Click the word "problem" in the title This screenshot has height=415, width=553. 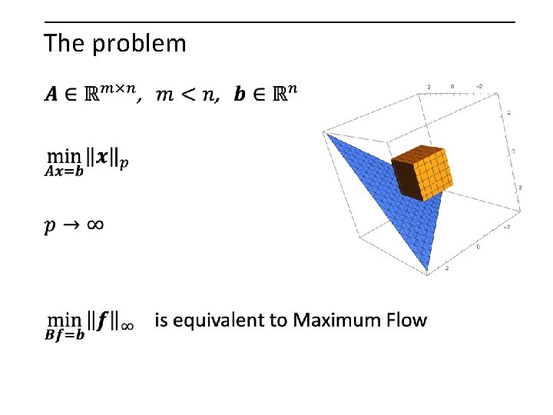[x=139, y=45]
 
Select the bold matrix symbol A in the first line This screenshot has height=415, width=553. [x=51, y=95]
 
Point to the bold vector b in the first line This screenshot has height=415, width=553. [x=240, y=95]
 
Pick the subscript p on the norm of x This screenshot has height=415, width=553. [x=124, y=163]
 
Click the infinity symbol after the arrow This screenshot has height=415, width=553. [x=94, y=225]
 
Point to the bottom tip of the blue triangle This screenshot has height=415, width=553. [x=427, y=270]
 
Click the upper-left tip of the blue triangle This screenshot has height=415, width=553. [x=328, y=134]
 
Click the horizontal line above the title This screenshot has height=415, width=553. [x=280, y=22]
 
